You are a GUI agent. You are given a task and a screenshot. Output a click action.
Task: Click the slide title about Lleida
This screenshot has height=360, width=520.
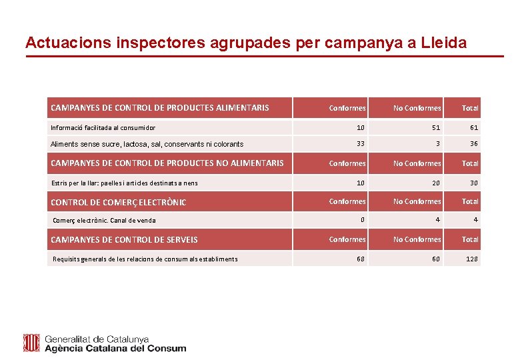246,43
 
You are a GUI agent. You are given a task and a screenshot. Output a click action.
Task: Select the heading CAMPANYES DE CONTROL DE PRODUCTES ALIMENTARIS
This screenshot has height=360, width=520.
160,107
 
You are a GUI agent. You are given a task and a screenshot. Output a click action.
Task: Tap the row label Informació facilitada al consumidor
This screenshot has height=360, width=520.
103,127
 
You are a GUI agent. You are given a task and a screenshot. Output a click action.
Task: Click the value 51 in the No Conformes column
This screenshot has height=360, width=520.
435,127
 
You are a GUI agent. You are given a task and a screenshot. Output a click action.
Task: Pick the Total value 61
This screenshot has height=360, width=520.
473,127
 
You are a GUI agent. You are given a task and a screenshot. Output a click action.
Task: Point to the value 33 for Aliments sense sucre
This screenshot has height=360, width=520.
360,143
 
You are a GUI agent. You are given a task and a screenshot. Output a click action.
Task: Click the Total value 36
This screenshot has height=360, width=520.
473,143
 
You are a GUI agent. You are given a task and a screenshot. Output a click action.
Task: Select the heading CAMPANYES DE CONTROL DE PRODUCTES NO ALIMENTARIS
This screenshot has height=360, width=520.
167,163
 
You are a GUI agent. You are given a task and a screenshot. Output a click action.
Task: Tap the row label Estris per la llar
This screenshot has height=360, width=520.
124,183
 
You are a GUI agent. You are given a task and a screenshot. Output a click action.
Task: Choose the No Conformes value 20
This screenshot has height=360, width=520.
435,183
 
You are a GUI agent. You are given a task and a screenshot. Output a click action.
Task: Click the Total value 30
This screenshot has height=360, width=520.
473,183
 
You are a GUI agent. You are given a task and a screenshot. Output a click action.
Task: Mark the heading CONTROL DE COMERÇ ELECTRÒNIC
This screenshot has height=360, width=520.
119,202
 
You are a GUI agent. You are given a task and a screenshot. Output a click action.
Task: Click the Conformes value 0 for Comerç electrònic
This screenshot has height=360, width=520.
362,220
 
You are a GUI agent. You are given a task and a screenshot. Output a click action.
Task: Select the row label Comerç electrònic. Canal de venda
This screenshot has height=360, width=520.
104,221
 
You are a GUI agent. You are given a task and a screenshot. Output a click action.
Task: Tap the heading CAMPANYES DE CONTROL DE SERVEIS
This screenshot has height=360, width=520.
125,239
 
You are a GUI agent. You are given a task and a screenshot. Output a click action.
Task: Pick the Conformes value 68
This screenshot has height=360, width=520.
360,259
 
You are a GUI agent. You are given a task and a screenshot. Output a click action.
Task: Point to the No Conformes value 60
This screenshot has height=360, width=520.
435,259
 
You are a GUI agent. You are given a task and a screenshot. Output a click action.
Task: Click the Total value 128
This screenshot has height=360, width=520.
471,259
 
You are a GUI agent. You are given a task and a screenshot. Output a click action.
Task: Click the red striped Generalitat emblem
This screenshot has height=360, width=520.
31,343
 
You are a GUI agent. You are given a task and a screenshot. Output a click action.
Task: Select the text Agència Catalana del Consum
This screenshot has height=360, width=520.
115,348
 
